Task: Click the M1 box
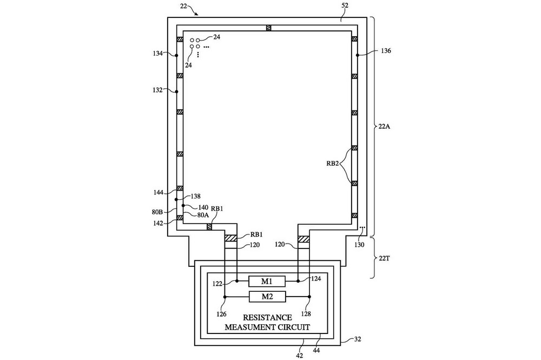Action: [267, 282]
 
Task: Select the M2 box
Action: [267, 297]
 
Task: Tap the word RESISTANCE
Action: [267, 318]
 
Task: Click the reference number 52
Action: [345, 5]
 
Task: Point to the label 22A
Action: [384, 126]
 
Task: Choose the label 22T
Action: [384, 258]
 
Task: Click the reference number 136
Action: [386, 51]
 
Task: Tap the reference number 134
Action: [157, 54]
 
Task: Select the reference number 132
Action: [157, 90]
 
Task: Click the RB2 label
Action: [333, 163]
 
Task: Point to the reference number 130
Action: [359, 245]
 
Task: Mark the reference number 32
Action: [358, 339]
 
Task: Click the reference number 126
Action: [221, 314]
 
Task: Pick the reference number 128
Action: [306, 314]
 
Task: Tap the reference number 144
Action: [159, 193]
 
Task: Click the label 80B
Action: [157, 212]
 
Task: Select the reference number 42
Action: [300, 356]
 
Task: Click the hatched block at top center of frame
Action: [268, 28]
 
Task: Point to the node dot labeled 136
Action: [358, 55]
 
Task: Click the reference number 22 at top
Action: [184, 6]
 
